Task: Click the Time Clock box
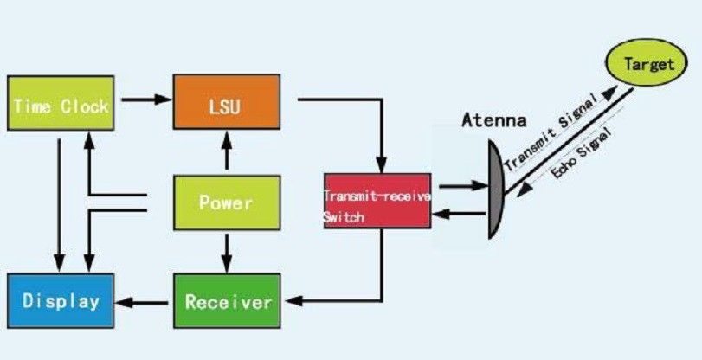pyautogui.click(x=60, y=106)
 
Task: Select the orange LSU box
pyautogui.click(x=227, y=106)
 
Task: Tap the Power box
pyautogui.click(x=227, y=203)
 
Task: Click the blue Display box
pyautogui.click(x=60, y=301)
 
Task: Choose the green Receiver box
pyautogui.click(x=228, y=301)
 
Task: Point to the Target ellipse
pyautogui.click(x=648, y=64)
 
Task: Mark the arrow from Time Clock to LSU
pyautogui.click(x=143, y=100)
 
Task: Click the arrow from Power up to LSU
pyautogui.click(x=227, y=153)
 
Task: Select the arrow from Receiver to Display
pyautogui.click(x=144, y=302)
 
